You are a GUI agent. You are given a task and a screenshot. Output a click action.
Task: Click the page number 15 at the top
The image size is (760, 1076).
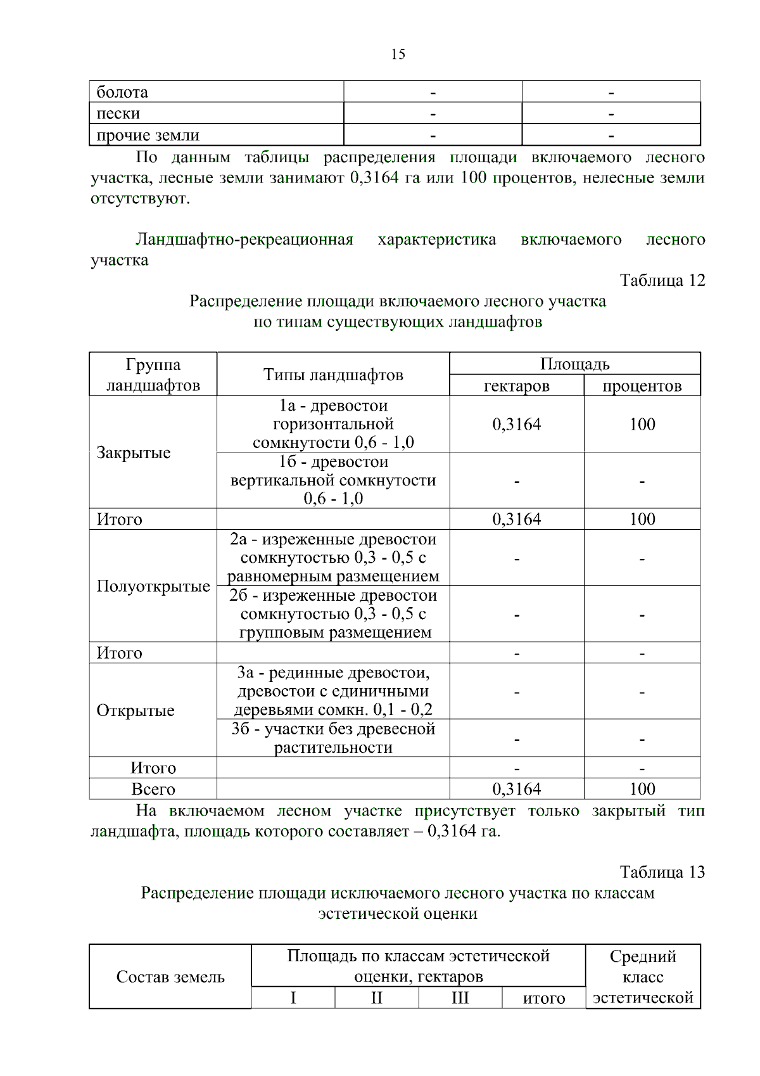click(398, 54)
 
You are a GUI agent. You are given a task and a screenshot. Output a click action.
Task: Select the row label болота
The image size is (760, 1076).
click(122, 93)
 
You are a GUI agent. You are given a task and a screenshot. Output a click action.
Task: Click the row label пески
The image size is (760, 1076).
click(118, 114)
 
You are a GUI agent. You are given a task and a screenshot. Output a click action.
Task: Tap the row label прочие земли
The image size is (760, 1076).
click(148, 136)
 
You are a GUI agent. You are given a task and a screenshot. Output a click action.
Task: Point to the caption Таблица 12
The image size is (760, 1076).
click(662, 281)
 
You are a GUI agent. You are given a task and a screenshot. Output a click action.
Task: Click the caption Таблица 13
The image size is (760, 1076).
click(662, 873)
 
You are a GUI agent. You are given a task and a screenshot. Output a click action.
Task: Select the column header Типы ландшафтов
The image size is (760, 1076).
click(333, 375)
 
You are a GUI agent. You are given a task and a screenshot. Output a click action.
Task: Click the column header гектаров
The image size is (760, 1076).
click(516, 386)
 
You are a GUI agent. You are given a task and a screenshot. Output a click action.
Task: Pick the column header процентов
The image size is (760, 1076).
click(642, 386)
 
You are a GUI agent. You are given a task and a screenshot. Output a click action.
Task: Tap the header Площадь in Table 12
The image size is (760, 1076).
click(574, 364)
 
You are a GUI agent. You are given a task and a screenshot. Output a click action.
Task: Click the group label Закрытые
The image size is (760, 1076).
click(134, 453)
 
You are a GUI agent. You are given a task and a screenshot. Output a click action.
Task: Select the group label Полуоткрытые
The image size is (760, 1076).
click(153, 587)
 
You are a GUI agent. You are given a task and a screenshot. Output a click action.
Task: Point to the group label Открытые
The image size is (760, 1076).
click(136, 711)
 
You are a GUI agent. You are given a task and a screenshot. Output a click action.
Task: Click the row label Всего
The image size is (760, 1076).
click(153, 790)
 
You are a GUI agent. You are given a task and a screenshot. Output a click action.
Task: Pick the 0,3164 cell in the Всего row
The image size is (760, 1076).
click(516, 790)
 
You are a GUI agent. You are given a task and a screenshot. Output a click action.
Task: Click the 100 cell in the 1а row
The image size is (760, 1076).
click(642, 425)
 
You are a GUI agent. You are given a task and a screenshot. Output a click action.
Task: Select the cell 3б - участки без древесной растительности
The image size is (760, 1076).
click(333, 738)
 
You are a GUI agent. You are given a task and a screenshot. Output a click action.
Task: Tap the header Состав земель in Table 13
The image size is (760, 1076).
click(170, 977)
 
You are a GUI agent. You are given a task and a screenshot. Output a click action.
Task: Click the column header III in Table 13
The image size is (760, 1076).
click(460, 998)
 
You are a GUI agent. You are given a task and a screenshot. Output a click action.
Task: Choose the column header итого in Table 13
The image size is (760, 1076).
click(543, 999)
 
